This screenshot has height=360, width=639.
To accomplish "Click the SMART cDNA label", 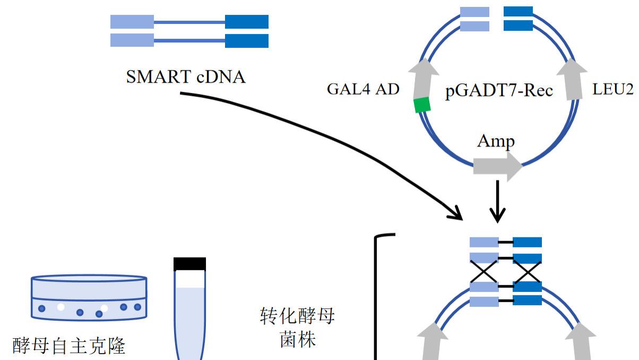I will (186, 77).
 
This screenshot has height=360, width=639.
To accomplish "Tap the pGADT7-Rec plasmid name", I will (499, 91).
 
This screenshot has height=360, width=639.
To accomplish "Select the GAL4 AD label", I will (363, 89).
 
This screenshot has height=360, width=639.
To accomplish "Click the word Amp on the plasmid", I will (496, 141).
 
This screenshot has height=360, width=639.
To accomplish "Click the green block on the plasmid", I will (422, 106).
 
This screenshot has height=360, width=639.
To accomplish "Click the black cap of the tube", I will (189, 264).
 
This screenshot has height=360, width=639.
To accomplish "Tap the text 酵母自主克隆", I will (69, 346).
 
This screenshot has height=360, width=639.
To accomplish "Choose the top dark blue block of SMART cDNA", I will (246, 22).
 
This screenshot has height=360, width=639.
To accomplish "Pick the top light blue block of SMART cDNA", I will (132, 22).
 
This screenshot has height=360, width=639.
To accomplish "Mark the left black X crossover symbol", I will (484, 273).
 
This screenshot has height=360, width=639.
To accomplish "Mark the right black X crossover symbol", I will (527, 273).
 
